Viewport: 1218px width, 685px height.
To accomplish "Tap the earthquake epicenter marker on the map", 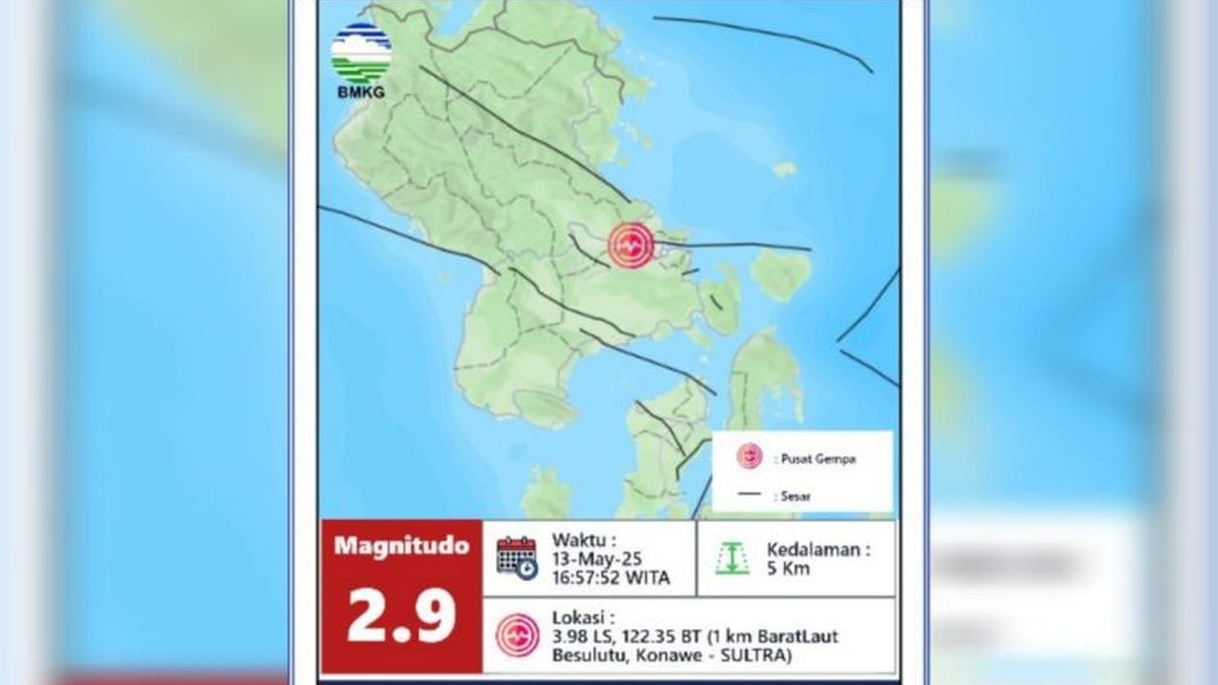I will [x=631, y=245].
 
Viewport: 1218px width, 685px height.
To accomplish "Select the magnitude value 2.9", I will [x=401, y=616].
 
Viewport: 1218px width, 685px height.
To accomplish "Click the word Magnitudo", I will [x=401, y=546].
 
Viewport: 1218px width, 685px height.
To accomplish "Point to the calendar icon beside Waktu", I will [x=517, y=558].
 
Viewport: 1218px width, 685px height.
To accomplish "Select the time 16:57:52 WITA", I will [x=610, y=577].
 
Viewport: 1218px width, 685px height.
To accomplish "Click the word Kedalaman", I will [x=817, y=550].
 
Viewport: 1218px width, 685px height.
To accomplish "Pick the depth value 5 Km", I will [x=791, y=569].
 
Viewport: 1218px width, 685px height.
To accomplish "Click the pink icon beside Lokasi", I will [x=517, y=635].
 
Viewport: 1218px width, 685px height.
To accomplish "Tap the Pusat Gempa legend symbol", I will [x=749, y=458].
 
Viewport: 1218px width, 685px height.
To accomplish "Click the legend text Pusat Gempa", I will [x=818, y=459].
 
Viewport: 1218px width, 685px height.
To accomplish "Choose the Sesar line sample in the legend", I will [x=751, y=494].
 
